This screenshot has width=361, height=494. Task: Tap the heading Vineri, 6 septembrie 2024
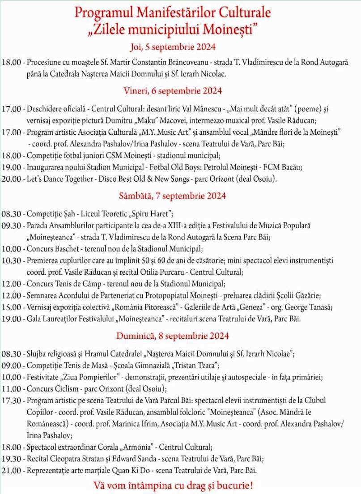click(173, 91)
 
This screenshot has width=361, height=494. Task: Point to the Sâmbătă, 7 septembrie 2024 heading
click(173, 196)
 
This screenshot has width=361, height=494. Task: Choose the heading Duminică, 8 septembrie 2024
click(173, 336)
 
